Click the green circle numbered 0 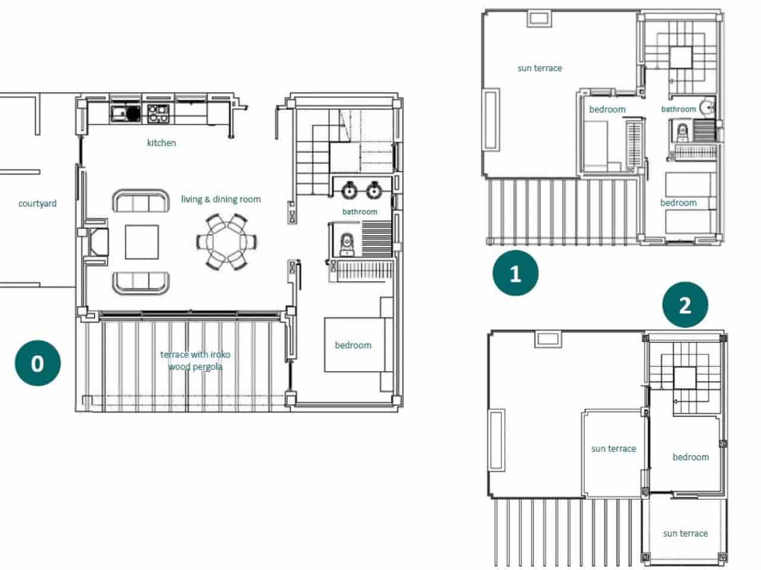(x=37, y=363)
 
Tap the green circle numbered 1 (x=515, y=274)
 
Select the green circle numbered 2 (x=685, y=305)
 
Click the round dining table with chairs (x=227, y=242)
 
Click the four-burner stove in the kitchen (x=158, y=113)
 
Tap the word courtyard (x=37, y=204)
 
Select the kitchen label (x=161, y=142)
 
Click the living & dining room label (x=221, y=199)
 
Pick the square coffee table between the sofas (x=141, y=242)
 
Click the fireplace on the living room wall (x=98, y=242)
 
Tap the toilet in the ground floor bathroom (x=345, y=243)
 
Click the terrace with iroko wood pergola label (x=195, y=360)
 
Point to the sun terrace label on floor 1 (x=539, y=68)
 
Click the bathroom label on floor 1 (x=678, y=109)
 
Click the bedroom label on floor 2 (x=690, y=457)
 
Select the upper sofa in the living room (x=141, y=202)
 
